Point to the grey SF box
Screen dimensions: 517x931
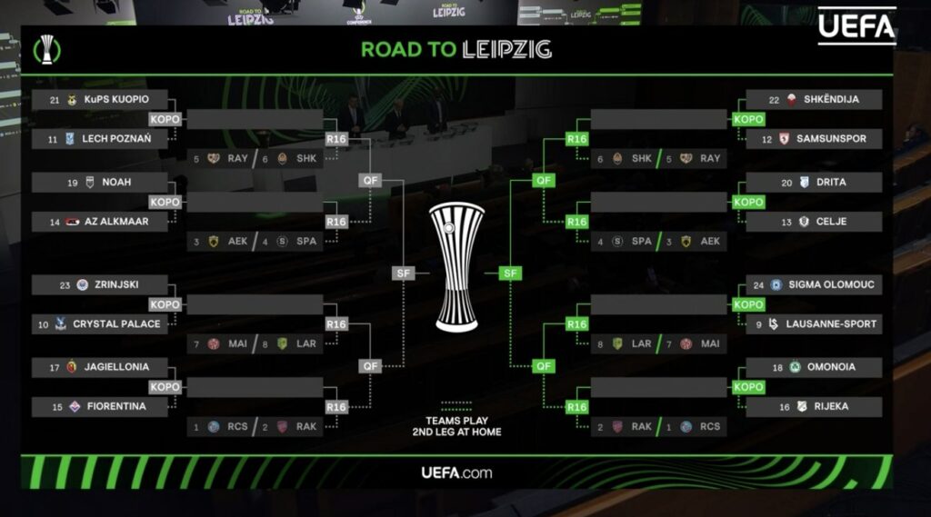pos(404,273)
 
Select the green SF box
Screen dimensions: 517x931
pos(510,273)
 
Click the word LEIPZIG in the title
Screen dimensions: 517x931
pos(507,49)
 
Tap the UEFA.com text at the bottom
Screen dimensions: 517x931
pos(456,472)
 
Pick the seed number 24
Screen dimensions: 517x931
pos(758,284)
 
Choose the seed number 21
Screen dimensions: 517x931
pos(55,99)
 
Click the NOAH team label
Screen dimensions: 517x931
pos(116,182)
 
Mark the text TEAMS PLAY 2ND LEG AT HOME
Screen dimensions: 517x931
pos(456,426)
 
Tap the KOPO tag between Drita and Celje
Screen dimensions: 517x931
pos(749,202)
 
